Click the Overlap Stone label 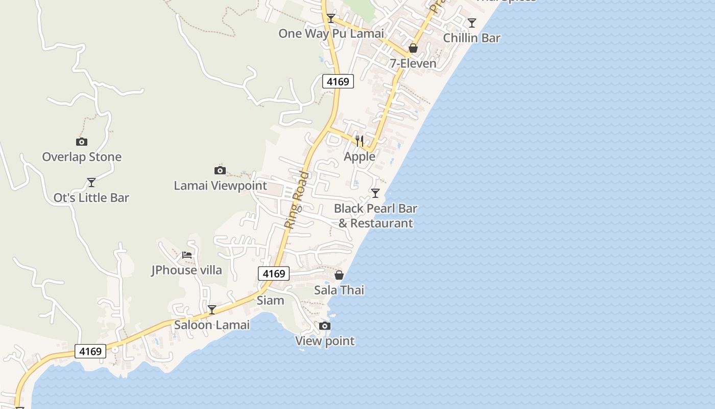coord(82,157)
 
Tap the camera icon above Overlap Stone coord(81,142)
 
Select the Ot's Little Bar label coord(91,198)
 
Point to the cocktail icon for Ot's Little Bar coord(91,182)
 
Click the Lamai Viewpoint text coord(220,186)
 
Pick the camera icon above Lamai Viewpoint coord(220,170)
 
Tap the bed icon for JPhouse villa coord(187,255)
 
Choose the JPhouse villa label coord(187,270)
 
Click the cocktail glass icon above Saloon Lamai coord(212,309)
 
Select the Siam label coord(270,300)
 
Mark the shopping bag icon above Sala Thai coord(339,275)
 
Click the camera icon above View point coord(325,326)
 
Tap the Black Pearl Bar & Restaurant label coord(375,216)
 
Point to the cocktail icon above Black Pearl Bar coord(375,193)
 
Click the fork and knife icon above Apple coord(360,141)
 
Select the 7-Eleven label coord(413,63)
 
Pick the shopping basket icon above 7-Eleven coord(413,48)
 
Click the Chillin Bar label coord(472,38)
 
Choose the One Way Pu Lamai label coord(331,34)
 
